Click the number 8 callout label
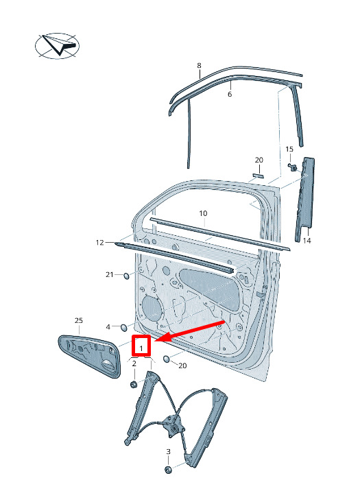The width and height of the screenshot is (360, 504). tap(199, 66)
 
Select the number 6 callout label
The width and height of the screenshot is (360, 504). tap(230, 94)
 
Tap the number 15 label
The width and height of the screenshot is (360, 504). tap(289, 149)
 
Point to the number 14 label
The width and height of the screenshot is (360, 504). tap(307, 241)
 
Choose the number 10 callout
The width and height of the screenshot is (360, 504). tap(203, 213)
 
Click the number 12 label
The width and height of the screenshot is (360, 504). tap(100, 242)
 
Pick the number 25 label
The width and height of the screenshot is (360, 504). tap(78, 320)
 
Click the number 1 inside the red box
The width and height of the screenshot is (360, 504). tap(141, 348)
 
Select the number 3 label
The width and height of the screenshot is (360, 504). tap(168, 452)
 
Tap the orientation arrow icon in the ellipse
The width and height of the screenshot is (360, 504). tap(60, 45)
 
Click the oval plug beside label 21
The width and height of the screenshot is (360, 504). tap(126, 276)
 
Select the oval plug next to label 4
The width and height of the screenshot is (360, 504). tap(123, 328)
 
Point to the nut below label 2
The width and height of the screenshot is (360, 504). tap(134, 384)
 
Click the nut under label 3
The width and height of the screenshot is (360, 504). tap(168, 470)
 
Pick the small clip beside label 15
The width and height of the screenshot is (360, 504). tap(293, 167)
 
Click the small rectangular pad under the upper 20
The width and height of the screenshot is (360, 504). tap(258, 175)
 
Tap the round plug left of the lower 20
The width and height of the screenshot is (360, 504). tap(167, 359)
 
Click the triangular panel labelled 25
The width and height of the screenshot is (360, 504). tap(89, 355)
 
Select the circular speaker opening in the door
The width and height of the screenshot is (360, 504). tap(151, 309)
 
